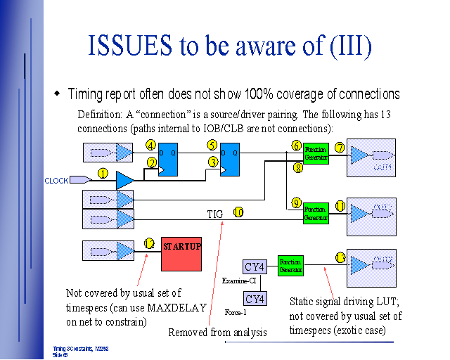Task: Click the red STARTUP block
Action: tap(182, 253)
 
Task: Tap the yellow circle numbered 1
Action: tap(103, 173)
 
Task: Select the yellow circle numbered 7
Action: tap(340, 148)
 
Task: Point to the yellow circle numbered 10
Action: tap(238, 211)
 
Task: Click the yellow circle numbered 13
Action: tap(340, 258)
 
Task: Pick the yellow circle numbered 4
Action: tap(150, 146)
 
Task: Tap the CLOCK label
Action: tap(56, 181)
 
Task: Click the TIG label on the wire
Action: tap(215, 212)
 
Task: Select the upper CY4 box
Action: tap(254, 266)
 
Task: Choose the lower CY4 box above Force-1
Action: tap(254, 299)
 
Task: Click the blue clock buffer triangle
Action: tap(124, 180)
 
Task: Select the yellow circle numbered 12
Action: tap(149, 243)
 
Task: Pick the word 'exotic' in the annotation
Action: tap(356, 330)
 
